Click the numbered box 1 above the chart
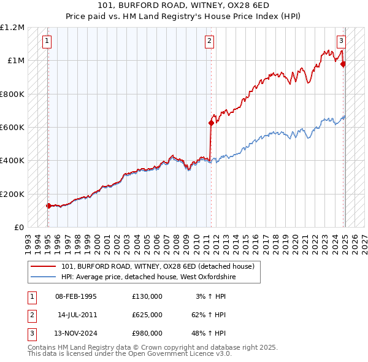47,42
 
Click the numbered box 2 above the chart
209,42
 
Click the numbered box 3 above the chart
341,42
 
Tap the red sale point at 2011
211,123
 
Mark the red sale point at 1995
48,206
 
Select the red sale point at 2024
343,64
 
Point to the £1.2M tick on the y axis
12,28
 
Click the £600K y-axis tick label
12,128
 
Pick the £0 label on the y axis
18,228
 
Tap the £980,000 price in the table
147,333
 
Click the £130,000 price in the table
147,296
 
